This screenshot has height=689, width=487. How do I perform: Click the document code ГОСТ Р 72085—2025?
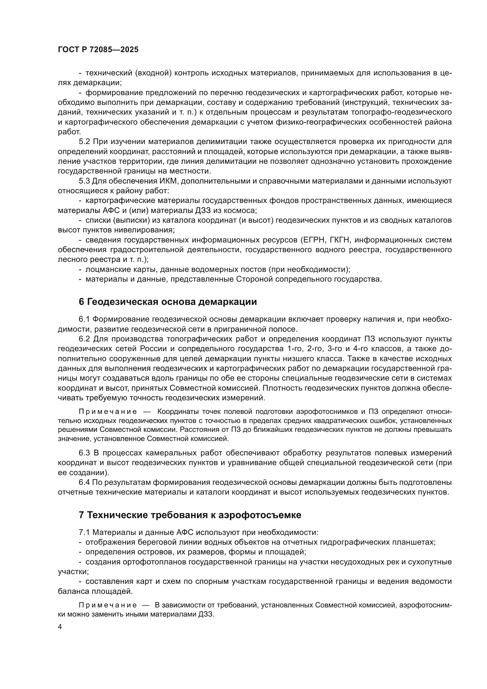click(98, 50)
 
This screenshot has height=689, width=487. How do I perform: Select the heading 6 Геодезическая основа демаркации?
click(168, 302)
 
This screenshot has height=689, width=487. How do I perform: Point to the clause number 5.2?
click(84, 142)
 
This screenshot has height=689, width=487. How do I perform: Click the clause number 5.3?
click(84, 181)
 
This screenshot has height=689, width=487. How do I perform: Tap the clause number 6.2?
click(84, 339)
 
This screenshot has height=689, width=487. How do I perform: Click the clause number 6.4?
click(84, 483)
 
